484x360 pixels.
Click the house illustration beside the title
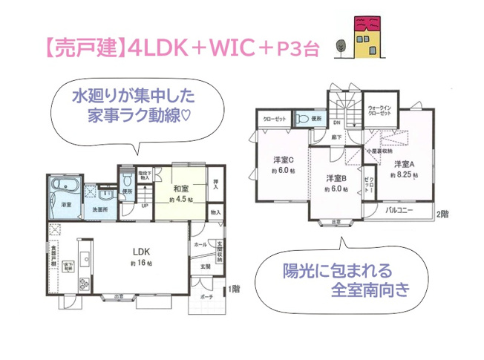[x=364, y=39]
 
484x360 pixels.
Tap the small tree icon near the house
[x=341, y=47]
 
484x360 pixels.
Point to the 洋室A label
[x=404, y=164]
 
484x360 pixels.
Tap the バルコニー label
[x=400, y=212]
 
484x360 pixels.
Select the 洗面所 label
[x=100, y=210]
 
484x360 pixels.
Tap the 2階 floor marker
[x=442, y=215]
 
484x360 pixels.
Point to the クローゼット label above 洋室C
[x=275, y=119]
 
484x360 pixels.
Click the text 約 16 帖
[x=142, y=264]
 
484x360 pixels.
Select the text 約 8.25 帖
[x=404, y=175]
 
